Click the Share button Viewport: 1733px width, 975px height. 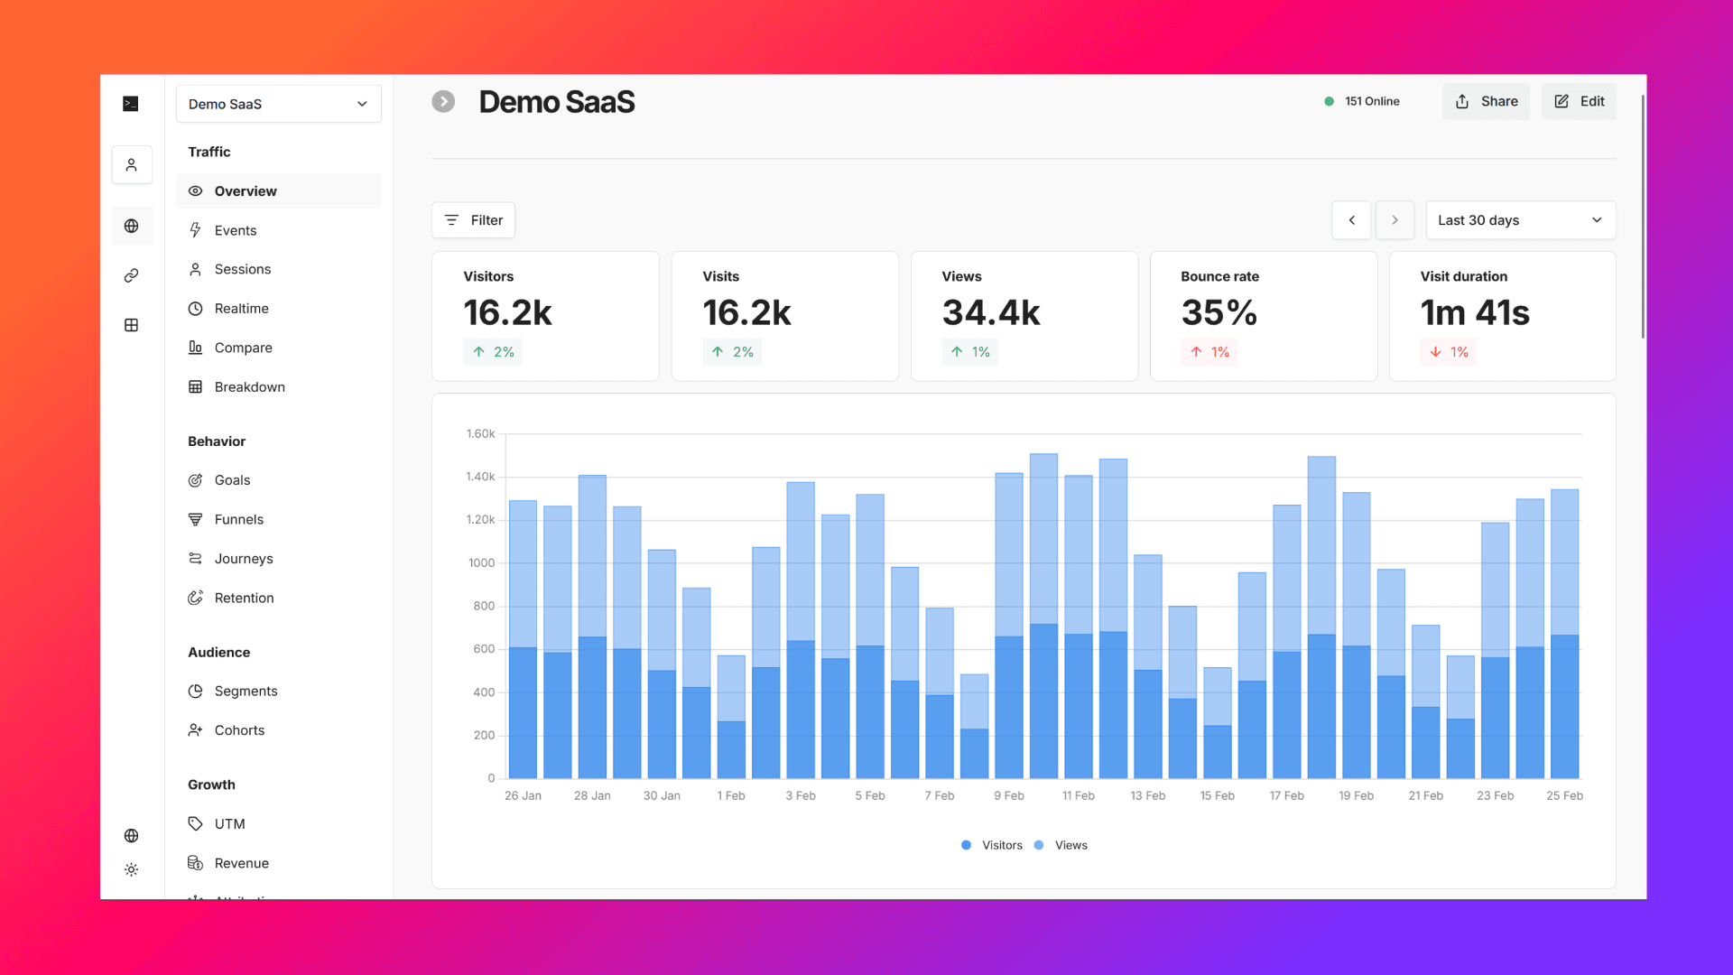coord(1486,101)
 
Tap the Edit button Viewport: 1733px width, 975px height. coord(1579,101)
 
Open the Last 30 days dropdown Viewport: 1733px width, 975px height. coord(1520,220)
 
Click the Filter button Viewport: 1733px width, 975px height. coord(473,220)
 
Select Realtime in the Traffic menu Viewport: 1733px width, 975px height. coord(241,309)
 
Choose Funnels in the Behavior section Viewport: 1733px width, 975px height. coord(238,519)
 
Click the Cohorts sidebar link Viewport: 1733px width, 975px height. coord(239,730)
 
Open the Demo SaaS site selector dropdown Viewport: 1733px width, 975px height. coord(278,104)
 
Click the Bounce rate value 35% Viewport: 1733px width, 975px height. coord(1219,313)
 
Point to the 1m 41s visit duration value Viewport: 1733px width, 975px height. coord(1474,313)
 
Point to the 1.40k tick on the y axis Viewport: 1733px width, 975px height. coord(480,477)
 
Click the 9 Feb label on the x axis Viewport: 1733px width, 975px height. coord(1008,795)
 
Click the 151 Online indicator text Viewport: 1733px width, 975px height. coord(1371,101)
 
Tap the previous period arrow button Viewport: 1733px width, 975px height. coord(1351,220)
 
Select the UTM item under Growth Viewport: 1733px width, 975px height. coord(229,824)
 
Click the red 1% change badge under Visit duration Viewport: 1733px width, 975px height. coord(1450,352)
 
